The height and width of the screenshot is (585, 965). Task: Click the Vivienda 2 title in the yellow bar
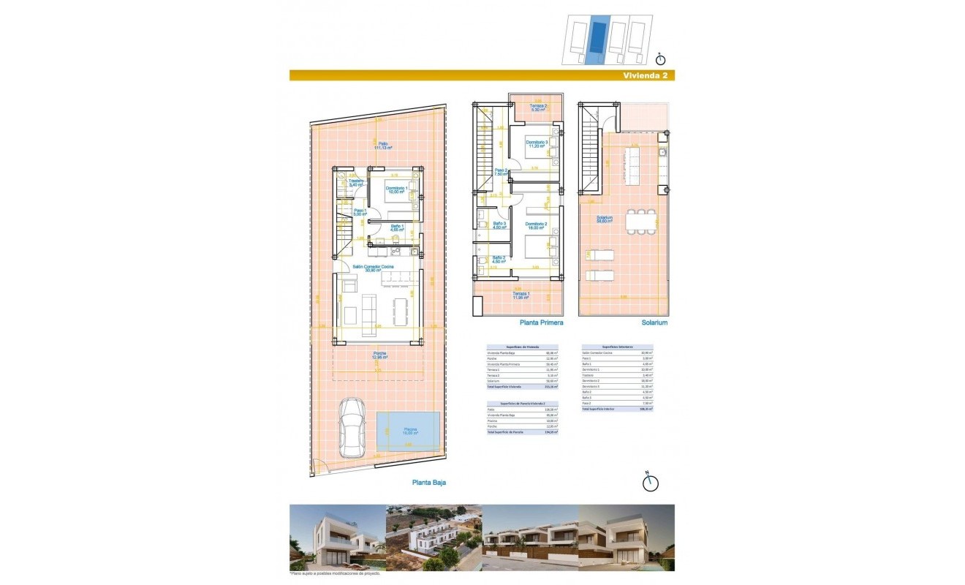(x=643, y=75)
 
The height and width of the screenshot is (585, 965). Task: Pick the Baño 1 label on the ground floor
(x=397, y=228)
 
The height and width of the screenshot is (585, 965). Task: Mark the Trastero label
(x=355, y=183)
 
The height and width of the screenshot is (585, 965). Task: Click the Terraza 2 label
(x=539, y=107)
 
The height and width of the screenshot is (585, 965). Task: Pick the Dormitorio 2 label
(x=536, y=226)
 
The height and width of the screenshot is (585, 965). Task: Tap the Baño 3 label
(x=500, y=225)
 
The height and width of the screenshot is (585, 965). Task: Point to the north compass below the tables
(x=649, y=481)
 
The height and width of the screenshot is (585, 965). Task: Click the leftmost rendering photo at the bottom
(x=337, y=538)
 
